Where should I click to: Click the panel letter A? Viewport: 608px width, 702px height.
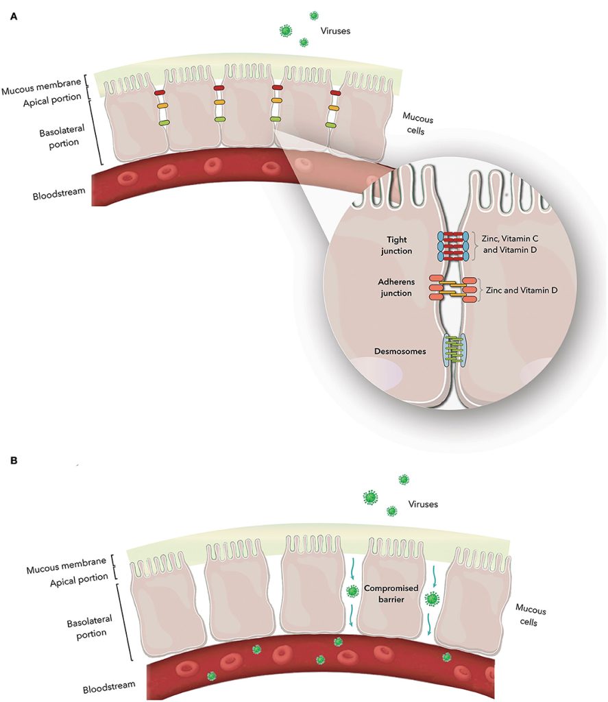coord(14,16)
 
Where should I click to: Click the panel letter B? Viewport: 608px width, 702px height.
coord(14,460)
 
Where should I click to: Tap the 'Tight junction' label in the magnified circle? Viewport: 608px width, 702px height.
coord(397,245)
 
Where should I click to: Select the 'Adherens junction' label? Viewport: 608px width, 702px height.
coord(396,287)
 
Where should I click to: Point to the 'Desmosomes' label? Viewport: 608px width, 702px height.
coord(400,352)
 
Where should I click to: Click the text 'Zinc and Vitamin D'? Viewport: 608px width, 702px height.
coord(522,290)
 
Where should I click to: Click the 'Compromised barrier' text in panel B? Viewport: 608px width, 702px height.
coord(391,594)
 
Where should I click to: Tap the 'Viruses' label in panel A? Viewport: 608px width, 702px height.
coord(335,31)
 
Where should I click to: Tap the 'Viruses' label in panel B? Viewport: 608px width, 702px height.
coord(423,504)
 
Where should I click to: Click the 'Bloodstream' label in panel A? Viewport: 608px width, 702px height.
coord(59,194)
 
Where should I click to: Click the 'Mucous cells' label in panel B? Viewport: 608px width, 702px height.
coord(530,616)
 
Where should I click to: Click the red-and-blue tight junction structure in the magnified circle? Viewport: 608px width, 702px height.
coord(452,246)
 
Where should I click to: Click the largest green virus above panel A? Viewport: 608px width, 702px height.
coord(285,30)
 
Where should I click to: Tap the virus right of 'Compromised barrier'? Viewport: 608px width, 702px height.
coord(432,598)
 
